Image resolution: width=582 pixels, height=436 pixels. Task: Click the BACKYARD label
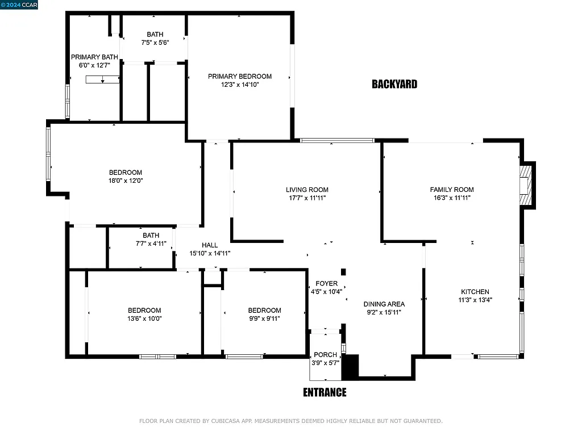point(394,85)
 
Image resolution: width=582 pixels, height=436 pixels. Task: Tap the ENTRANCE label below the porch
point(324,392)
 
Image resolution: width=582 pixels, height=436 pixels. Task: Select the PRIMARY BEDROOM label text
point(239,77)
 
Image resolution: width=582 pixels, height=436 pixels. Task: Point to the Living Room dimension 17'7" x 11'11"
point(307,198)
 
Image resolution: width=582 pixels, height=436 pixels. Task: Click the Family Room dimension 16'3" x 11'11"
point(451,198)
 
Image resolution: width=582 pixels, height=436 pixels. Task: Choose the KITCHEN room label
point(475,292)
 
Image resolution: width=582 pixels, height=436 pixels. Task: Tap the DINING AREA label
point(384,304)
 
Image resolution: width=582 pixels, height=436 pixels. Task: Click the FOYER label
point(326,283)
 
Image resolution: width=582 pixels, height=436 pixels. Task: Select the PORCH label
point(325,355)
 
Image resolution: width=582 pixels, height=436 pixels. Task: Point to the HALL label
point(210,245)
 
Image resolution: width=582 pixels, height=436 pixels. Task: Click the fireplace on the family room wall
point(527,185)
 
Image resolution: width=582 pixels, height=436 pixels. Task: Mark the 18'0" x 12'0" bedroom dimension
point(126,181)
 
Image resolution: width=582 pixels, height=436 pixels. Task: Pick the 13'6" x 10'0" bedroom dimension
point(144,318)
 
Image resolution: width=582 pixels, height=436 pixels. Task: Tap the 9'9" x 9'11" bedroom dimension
point(264,318)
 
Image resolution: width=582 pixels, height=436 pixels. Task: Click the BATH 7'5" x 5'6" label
point(155,35)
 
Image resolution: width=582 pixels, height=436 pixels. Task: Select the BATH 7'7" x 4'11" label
point(151,235)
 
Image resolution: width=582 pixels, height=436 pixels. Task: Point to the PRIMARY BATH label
point(94,57)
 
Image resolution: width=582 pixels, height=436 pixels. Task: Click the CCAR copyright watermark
point(19,5)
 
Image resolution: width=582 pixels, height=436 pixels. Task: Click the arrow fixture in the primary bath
point(102,80)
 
